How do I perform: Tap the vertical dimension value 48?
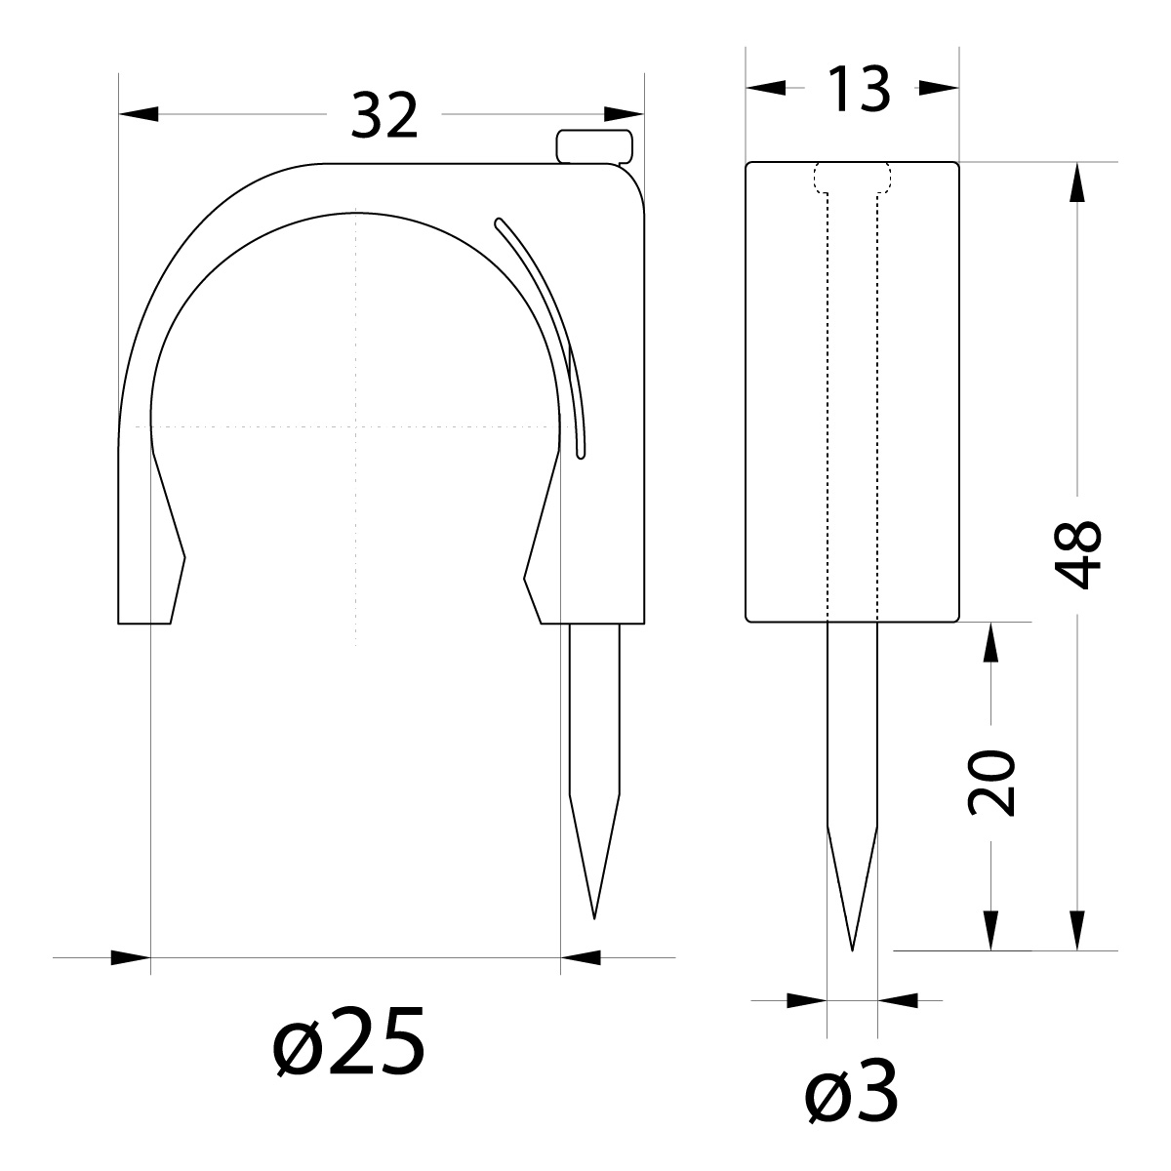pyautogui.click(x=1079, y=554)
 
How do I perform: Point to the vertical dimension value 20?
pyautogui.click(x=991, y=783)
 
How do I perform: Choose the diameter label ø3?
pyautogui.click(x=852, y=1099)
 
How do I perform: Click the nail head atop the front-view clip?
pyautogui.click(x=594, y=145)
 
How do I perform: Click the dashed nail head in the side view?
pyautogui.click(x=852, y=177)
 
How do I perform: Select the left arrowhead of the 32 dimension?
pyautogui.click(x=138, y=115)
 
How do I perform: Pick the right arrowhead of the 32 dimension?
pyautogui.click(x=626, y=115)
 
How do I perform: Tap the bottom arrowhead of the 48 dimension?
pyautogui.click(x=1078, y=930)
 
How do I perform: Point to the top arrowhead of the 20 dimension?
pyautogui.click(x=991, y=641)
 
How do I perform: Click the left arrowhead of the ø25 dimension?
pyautogui.click(x=131, y=957)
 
